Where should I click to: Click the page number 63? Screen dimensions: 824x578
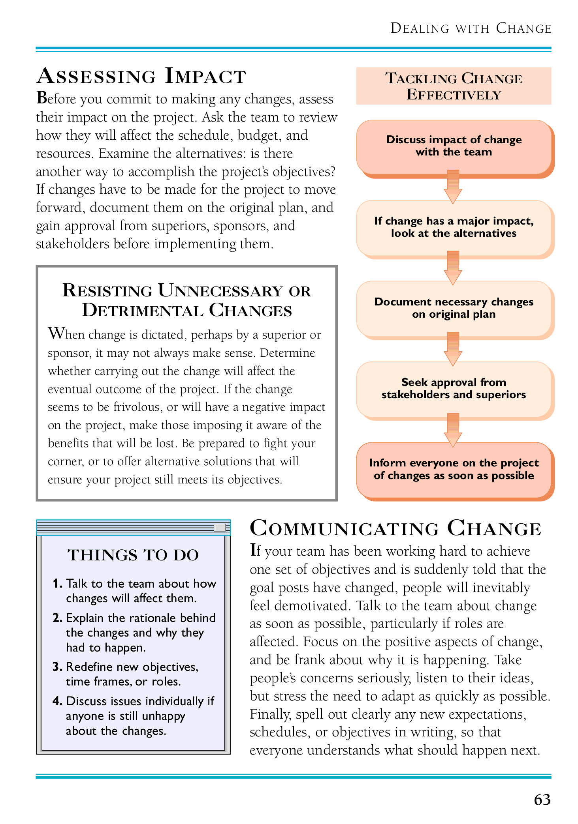tap(542, 800)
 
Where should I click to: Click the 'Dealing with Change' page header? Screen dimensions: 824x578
tap(471, 28)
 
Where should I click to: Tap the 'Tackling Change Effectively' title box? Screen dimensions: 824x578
tap(454, 86)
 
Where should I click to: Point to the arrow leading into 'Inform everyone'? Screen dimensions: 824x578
tap(453, 430)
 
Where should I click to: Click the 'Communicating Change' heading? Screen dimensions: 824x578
tap(395, 528)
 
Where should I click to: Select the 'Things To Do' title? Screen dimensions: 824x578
tap(133, 555)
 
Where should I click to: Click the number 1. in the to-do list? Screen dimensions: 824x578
tap(57, 583)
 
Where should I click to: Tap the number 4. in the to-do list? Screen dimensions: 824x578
tap(57, 701)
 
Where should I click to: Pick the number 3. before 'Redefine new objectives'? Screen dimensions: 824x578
tap(57, 667)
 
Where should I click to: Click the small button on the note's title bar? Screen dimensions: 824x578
tap(220, 528)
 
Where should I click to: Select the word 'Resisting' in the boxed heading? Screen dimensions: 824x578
tap(107, 291)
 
